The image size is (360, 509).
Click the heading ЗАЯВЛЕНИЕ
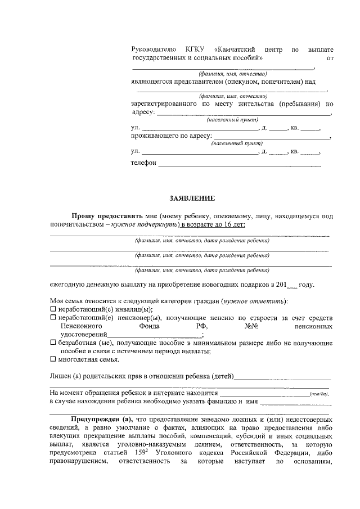tap(192, 199)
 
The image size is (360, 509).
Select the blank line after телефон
tap(240, 164)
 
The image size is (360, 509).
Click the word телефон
tap(143, 163)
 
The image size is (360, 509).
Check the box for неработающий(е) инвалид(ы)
tap(53, 309)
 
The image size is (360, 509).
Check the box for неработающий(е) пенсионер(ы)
tap(53, 317)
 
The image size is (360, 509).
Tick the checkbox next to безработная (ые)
tap(53, 343)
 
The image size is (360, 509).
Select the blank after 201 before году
tap(291, 285)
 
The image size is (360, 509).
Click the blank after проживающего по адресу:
tap(272, 136)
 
